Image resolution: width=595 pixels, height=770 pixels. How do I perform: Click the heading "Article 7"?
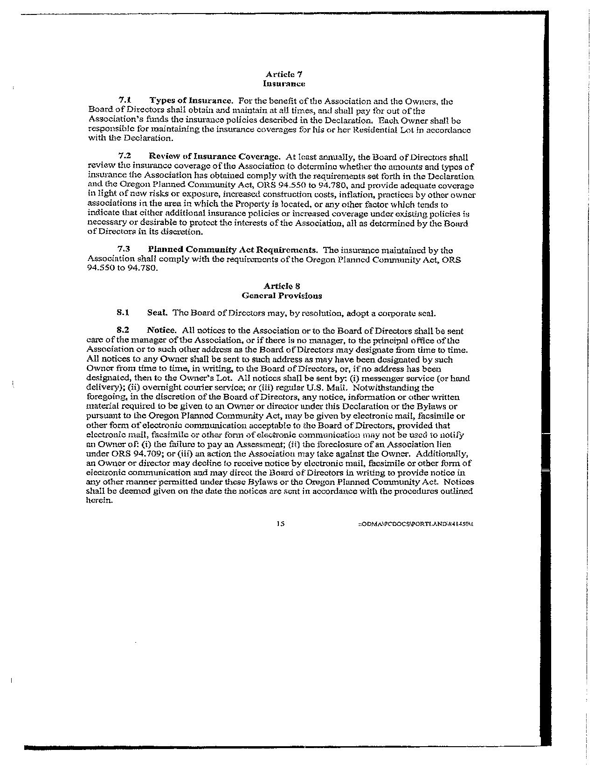[284, 74]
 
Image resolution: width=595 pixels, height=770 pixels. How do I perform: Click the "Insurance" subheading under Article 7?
[284, 84]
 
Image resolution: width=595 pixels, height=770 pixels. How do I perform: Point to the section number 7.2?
[125, 157]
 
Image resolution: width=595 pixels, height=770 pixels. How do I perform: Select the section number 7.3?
[125, 250]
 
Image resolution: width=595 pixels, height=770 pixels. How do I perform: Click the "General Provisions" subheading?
[282, 295]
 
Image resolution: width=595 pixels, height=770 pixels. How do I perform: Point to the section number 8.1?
[123, 313]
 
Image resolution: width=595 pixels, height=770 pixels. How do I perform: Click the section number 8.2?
[123, 331]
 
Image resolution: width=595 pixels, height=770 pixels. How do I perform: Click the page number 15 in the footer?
[280, 524]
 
